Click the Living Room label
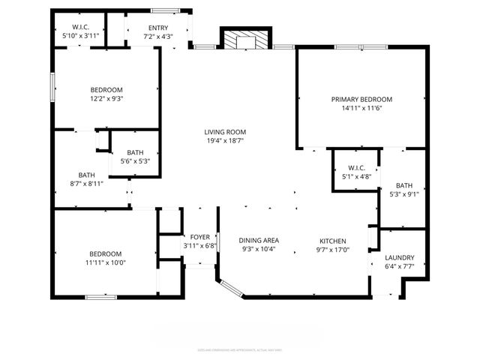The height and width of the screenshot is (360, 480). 226,131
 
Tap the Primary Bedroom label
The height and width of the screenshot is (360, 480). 362,99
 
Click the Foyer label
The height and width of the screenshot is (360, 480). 199,236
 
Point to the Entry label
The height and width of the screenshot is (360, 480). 157,28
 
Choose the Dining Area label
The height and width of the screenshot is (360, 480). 259,240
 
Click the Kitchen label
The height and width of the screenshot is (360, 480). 332,240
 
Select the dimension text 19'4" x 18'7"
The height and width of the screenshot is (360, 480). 226,140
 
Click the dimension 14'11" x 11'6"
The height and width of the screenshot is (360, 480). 362,108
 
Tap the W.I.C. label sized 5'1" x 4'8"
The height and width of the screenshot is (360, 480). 356,167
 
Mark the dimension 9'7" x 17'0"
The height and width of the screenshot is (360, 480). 332,249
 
